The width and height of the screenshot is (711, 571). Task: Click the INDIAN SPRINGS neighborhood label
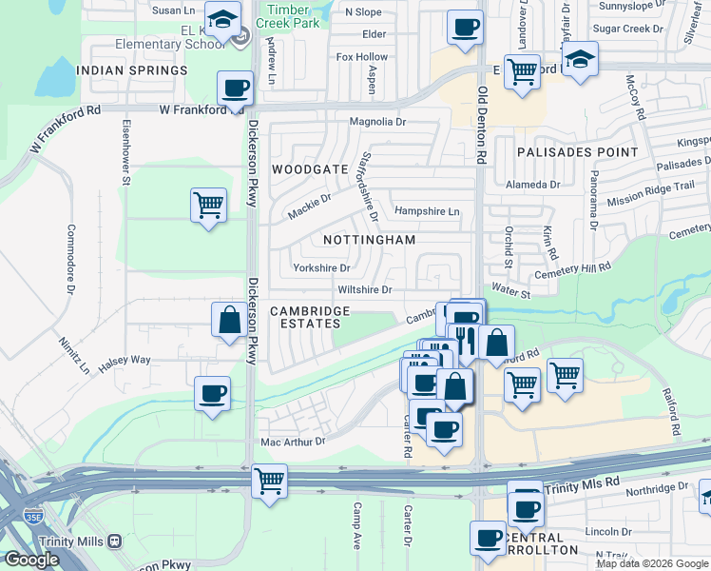(x=132, y=70)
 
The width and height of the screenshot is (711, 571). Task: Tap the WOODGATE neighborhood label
(x=310, y=168)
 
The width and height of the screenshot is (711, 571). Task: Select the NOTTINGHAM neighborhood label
(x=369, y=240)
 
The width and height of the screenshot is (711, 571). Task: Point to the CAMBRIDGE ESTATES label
(x=310, y=317)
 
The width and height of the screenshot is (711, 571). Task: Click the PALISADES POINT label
(x=577, y=152)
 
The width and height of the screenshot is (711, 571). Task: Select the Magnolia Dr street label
(x=377, y=122)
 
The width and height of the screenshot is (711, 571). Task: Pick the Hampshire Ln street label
(x=427, y=210)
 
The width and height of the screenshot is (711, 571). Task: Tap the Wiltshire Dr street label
(x=364, y=289)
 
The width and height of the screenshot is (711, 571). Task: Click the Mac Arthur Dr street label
(x=293, y=442)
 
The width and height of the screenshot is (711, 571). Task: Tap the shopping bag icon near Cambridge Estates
(x=229, y=320)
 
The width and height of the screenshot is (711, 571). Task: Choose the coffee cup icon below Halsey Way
(x=212, y=393)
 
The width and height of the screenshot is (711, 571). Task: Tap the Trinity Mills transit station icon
(x=114, y=541)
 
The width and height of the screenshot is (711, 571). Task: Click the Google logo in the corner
(x=31, y=560)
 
